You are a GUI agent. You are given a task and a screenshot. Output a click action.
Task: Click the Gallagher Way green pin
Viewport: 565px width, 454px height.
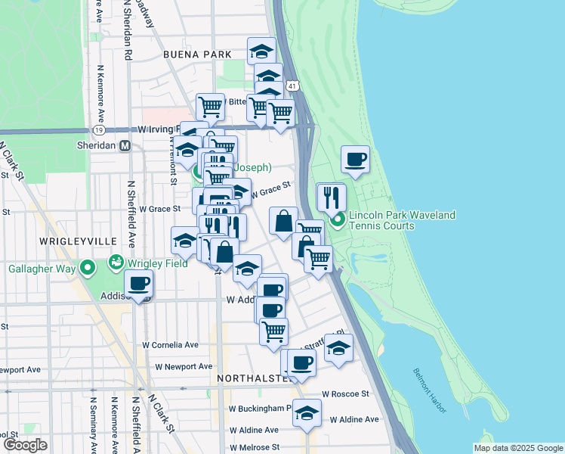(88, 268)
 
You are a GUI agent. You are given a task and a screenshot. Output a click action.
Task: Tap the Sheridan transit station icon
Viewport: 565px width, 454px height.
(126, 146)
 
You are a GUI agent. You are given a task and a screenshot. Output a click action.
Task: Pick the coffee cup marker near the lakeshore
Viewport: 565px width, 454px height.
(355, 160)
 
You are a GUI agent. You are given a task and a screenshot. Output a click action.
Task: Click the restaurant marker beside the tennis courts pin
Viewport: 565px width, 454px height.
(331, 197)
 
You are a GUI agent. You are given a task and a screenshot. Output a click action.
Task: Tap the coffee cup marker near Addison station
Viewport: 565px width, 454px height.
(138, 285)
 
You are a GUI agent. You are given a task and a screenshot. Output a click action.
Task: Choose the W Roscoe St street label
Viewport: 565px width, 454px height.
(345, 394)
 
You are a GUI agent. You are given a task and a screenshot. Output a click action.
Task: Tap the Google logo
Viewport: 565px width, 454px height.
(25, 445)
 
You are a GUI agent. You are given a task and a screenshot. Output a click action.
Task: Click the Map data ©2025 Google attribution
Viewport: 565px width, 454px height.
(517, 448)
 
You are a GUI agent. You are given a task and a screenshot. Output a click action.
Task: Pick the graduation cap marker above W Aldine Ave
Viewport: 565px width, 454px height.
(307, 413)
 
